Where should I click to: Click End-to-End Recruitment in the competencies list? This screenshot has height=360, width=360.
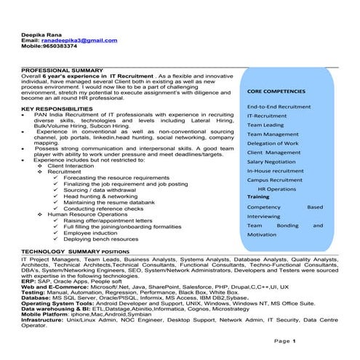pos(279,107)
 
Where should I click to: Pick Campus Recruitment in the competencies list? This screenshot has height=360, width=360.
pos(275,179)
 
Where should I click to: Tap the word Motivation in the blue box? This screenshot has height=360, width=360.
pos(262,234)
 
